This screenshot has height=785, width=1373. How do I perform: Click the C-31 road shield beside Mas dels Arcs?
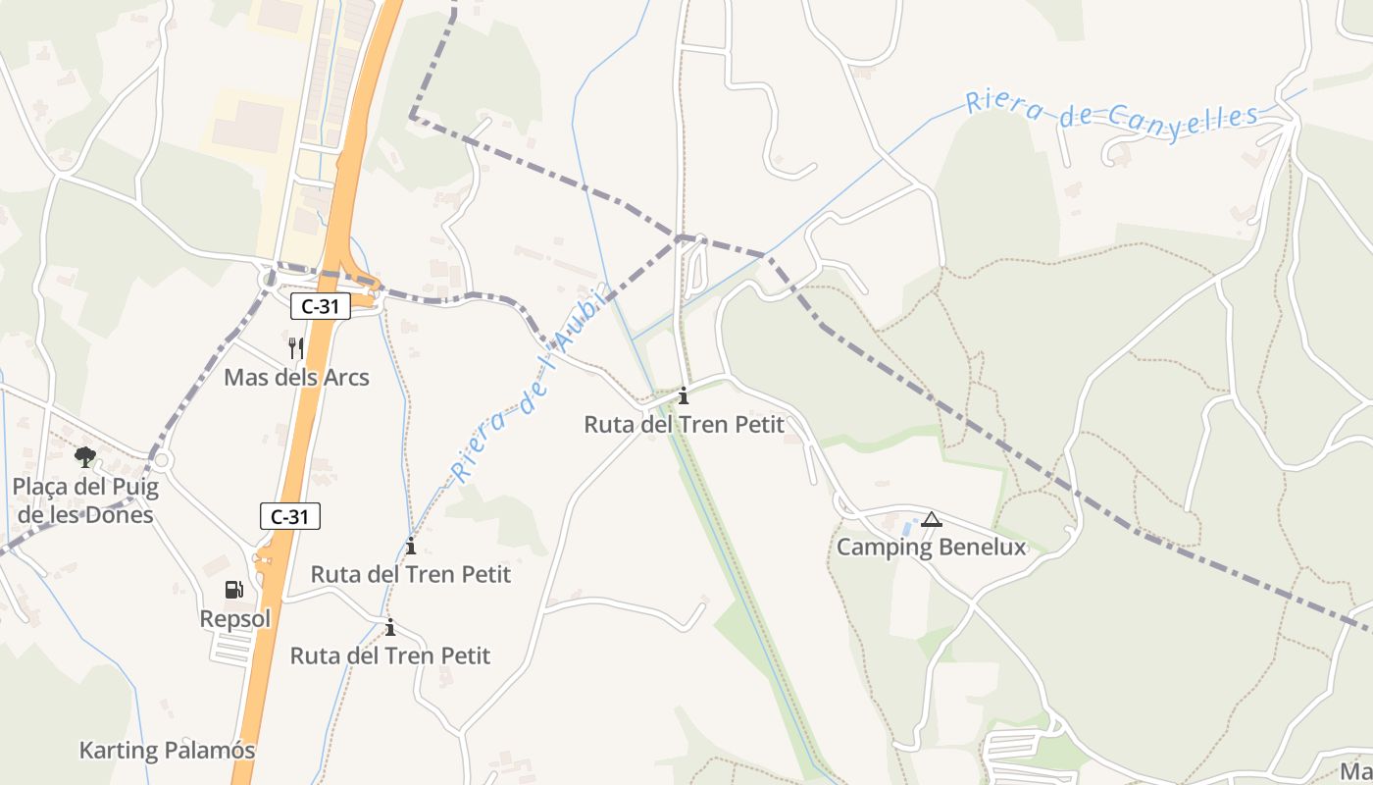(x=320, y=306)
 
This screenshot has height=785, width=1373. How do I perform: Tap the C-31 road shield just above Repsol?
(x=290, y=516)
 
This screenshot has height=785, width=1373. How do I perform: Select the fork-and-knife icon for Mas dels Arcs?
(x=296, y=347)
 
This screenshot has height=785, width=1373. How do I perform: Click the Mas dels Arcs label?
(x=296, y=377)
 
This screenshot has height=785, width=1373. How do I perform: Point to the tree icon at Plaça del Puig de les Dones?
(x=85, y=456)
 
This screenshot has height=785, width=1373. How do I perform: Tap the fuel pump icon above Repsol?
(x=234, y=590)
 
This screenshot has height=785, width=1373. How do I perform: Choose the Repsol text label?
(x=234, y=619)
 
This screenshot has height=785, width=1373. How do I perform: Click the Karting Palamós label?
(x=167, y=751)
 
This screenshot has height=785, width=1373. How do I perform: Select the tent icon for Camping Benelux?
(x=931, y=519)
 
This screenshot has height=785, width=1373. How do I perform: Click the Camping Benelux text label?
(x=931, y=548)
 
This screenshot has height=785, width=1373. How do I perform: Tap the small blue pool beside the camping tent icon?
(x=907, y=527)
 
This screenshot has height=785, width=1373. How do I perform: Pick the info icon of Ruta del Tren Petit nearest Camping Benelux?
(x=684, y=396)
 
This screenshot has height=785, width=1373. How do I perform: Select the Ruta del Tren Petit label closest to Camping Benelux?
(x=684, y=425)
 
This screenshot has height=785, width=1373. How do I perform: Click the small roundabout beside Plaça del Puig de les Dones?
(x=161, y=459)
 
